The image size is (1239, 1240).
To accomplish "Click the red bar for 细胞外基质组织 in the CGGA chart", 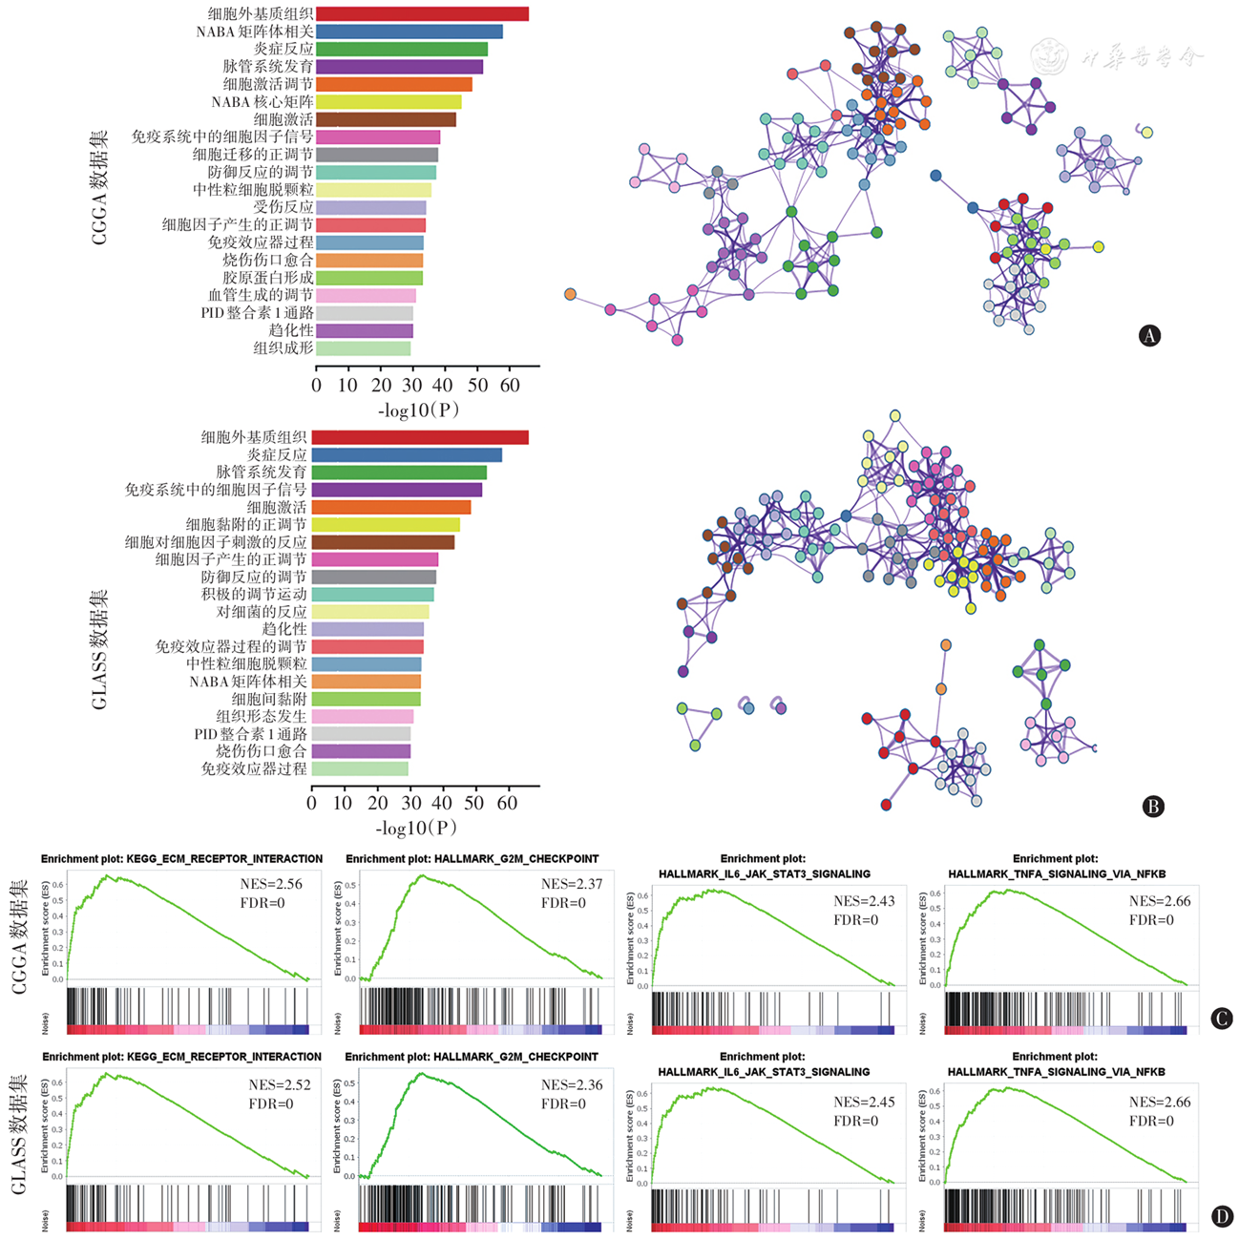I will point(422,14).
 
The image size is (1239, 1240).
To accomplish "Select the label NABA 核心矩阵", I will point(262,102).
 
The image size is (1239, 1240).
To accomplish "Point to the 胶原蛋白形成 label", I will point(268,278).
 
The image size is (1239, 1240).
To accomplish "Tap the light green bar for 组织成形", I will point(363,348).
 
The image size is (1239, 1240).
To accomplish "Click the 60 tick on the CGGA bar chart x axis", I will point(509,386).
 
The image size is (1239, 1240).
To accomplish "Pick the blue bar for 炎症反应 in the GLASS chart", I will point(407,455).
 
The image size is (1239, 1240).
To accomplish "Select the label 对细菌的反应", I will point(262,612).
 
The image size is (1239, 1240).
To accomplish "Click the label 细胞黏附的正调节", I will point(246,525).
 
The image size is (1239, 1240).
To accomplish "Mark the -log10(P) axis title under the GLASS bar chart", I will point(416,828).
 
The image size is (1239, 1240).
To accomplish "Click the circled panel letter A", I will point(1150,335).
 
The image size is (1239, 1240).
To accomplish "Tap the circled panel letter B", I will point(1152,807).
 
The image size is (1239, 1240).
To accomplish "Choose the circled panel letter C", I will point(1221,1019).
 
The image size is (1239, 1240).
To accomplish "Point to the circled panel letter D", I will point(1221,1216).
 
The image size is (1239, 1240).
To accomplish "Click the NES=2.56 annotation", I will point(271,884).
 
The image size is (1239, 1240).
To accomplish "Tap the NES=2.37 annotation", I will point(572,884).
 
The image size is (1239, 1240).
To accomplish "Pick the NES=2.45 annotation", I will point(864,1102).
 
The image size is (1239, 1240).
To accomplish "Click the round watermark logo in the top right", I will point(1050,57).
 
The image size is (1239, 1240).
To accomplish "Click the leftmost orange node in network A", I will point(571,294).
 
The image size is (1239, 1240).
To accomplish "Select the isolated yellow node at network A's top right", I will point(1146,133).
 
